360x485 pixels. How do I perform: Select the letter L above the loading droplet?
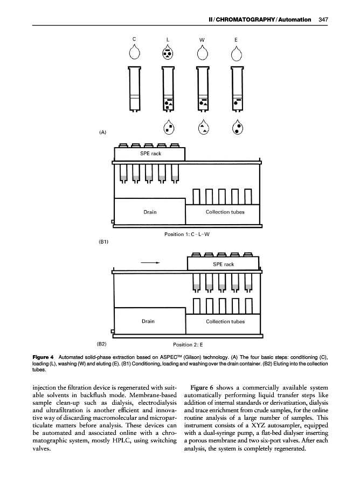[x=168, y=39]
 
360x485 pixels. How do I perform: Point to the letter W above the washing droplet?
[x=202, y=39]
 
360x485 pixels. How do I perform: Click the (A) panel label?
[x=102, y=131]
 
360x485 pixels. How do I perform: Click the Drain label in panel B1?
[x=150, y=212]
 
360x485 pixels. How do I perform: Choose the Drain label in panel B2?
[x=148, y=321]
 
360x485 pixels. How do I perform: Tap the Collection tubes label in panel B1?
[x=225, y=212]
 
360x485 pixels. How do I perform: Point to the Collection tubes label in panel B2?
[x=225, y=322]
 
